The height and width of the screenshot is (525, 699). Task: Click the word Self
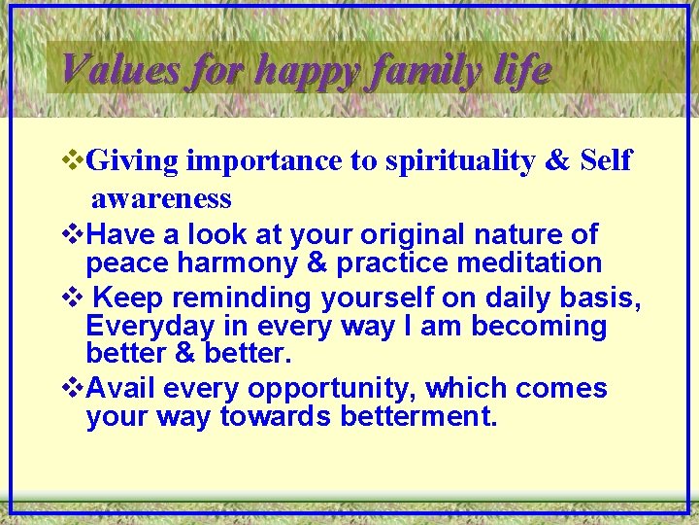coord(605,160)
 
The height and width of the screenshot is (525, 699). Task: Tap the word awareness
coord(161,199)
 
